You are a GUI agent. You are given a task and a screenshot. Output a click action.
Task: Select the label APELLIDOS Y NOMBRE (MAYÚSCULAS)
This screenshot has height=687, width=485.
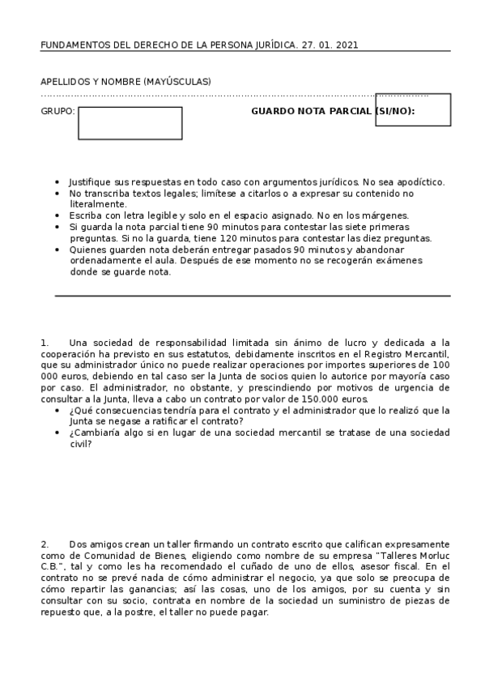click(126, 82)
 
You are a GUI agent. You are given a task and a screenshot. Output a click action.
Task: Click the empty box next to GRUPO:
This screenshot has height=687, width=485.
click(130, 123)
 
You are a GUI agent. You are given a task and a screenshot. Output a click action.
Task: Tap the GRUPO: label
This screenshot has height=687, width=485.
click(57, 111)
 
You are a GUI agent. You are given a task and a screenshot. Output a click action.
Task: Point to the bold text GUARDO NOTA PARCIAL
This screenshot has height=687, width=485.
click(311, 111)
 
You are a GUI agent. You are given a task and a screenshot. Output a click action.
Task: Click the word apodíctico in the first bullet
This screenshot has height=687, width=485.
click(419, 182)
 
